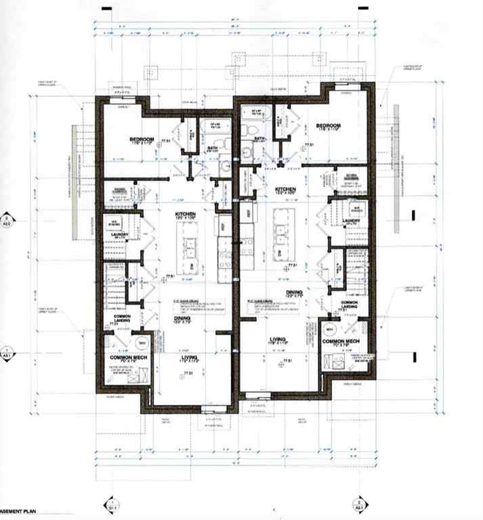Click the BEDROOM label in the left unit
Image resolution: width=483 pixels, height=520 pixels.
click(x=144, y=139)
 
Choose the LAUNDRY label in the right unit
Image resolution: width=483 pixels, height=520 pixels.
click(x=351, y=220)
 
